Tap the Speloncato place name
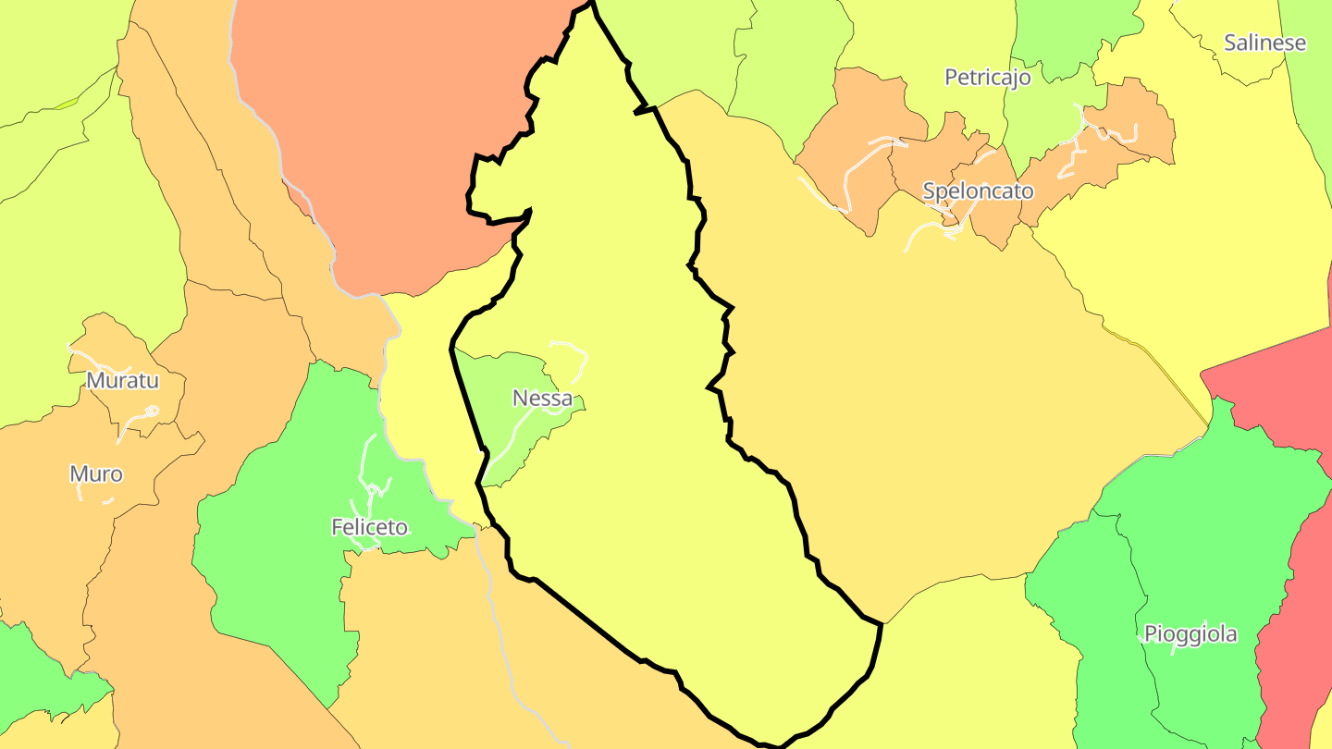(978, 191)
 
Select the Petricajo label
(987, 78)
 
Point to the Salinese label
(1264, 43)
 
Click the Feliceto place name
(369, 527)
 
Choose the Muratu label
(123, 380)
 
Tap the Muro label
(96, 474)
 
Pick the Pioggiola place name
(1190, 634)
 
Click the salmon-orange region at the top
(398, 139)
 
